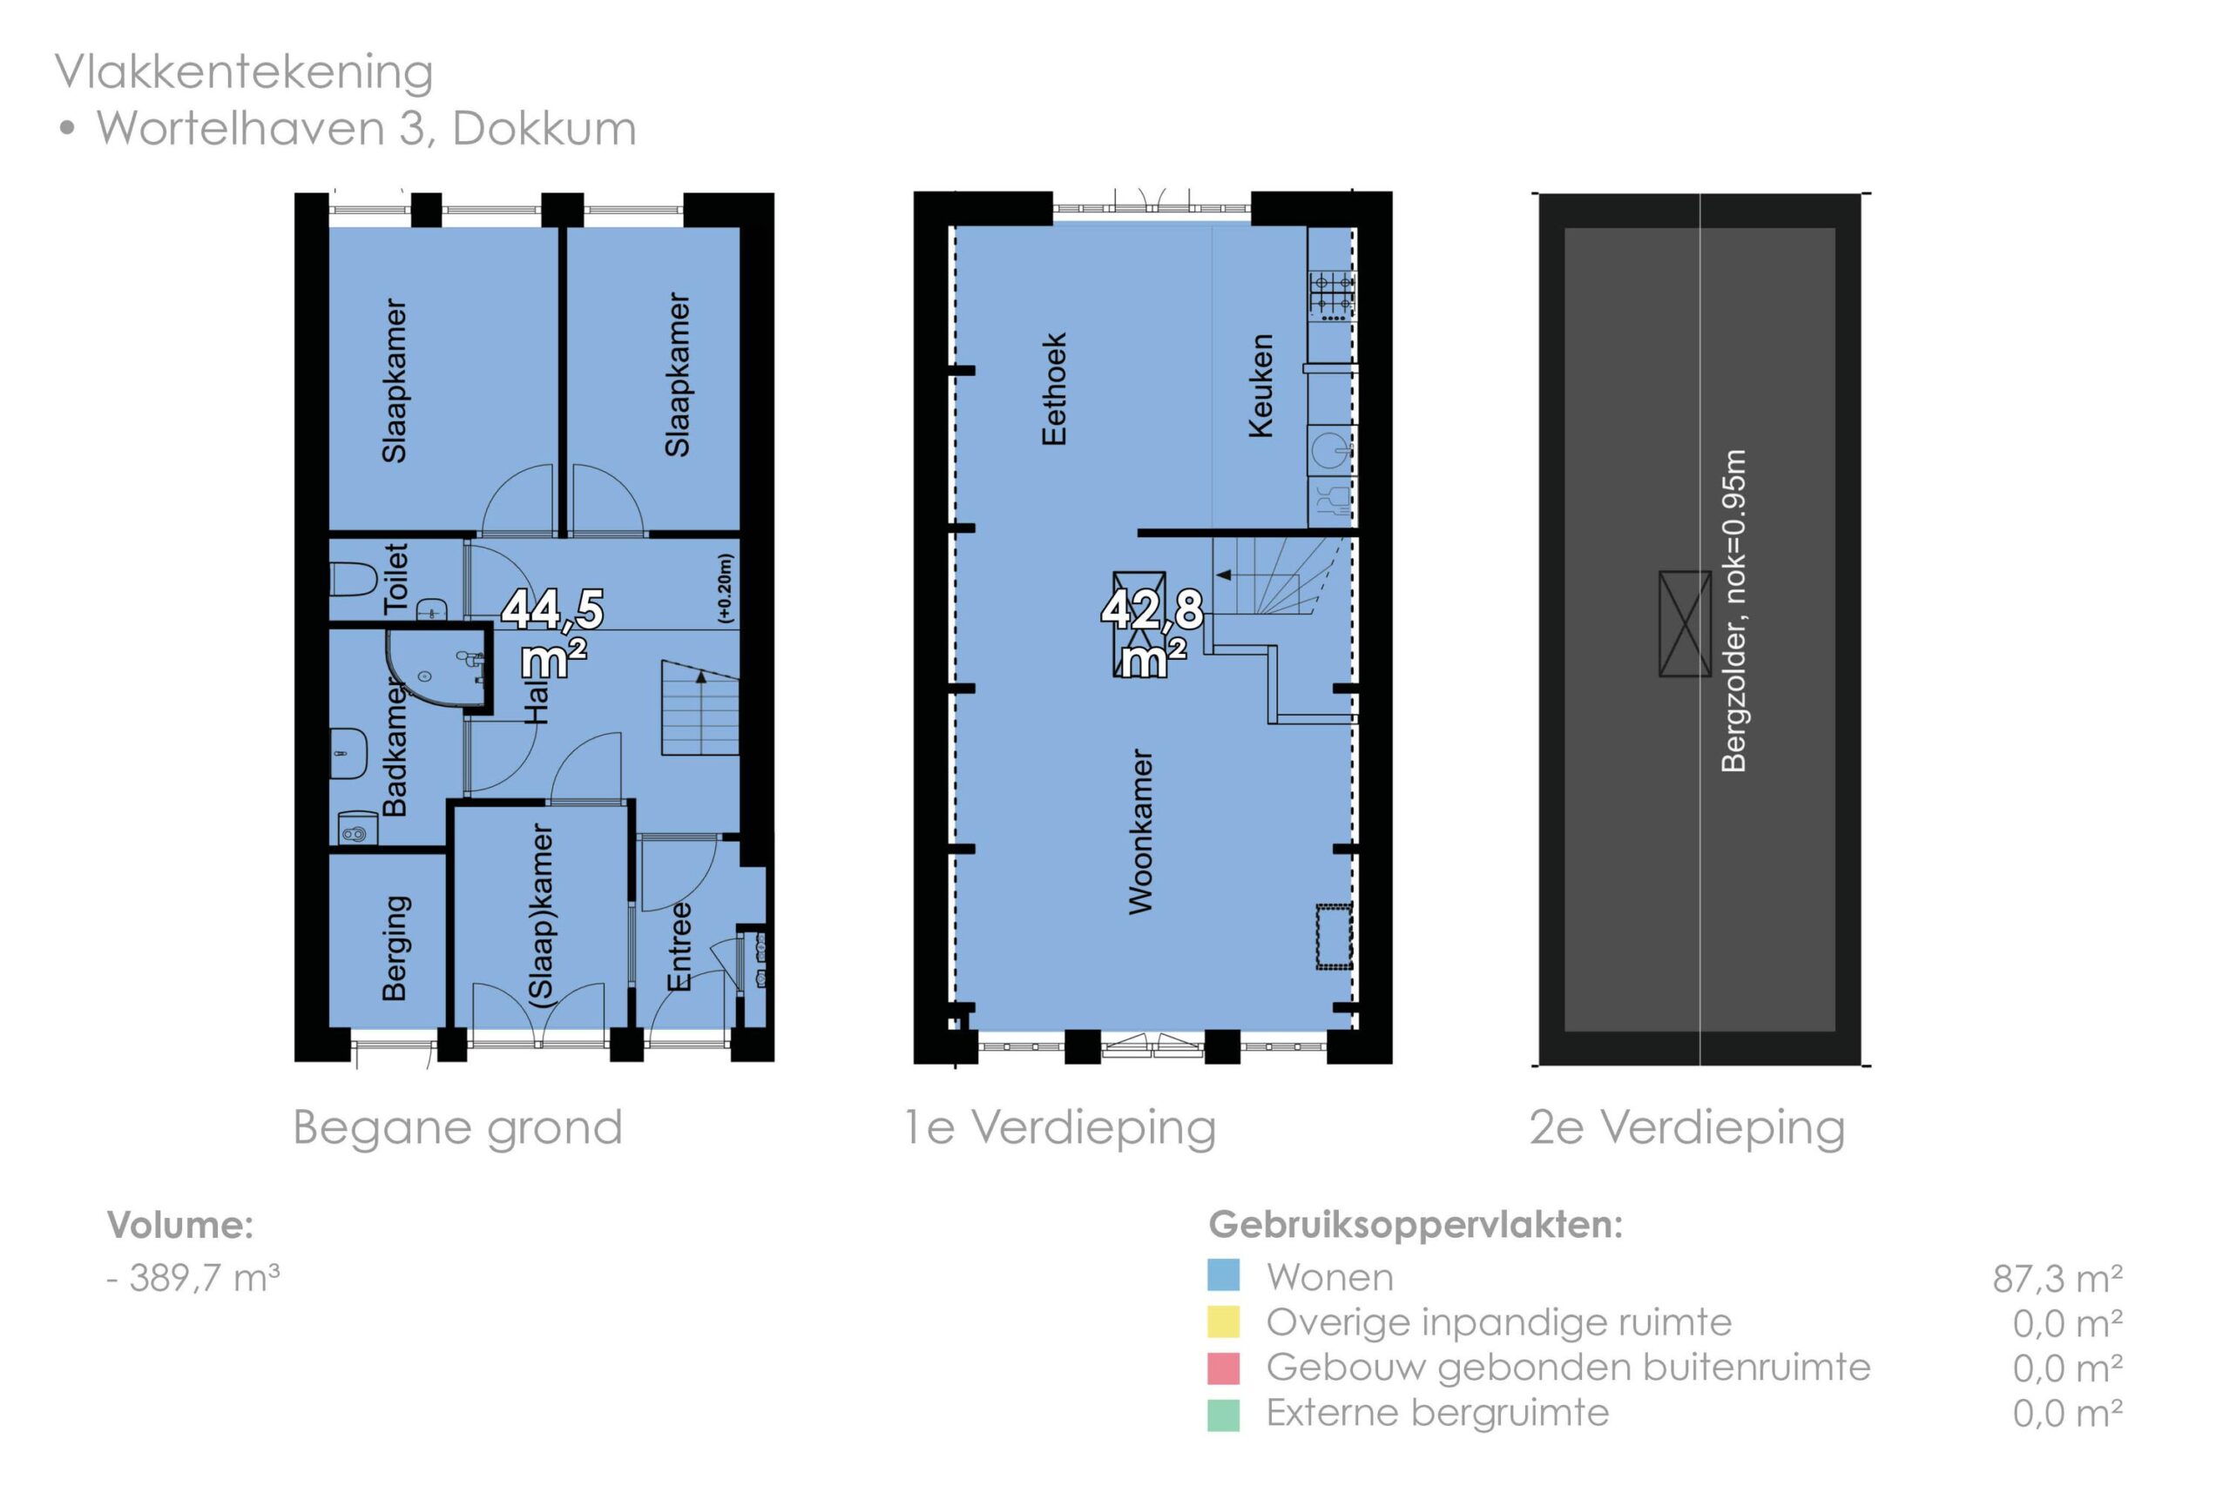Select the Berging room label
coord(395,948)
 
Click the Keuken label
coord(1260,386)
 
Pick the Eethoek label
coord(1053,388)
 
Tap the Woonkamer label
coord(1140,831)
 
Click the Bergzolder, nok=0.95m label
coord(1734,610)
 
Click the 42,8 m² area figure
coord(1152,633)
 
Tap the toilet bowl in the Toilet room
coord(354,578)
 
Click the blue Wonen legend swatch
coord(1223,1275)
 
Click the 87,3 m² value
coord(2058,1279)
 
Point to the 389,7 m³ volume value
coord(205,1277)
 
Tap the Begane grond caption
coord(457,1127)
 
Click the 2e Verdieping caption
coord(1686,1126)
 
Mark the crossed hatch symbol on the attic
coord(1685,623)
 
